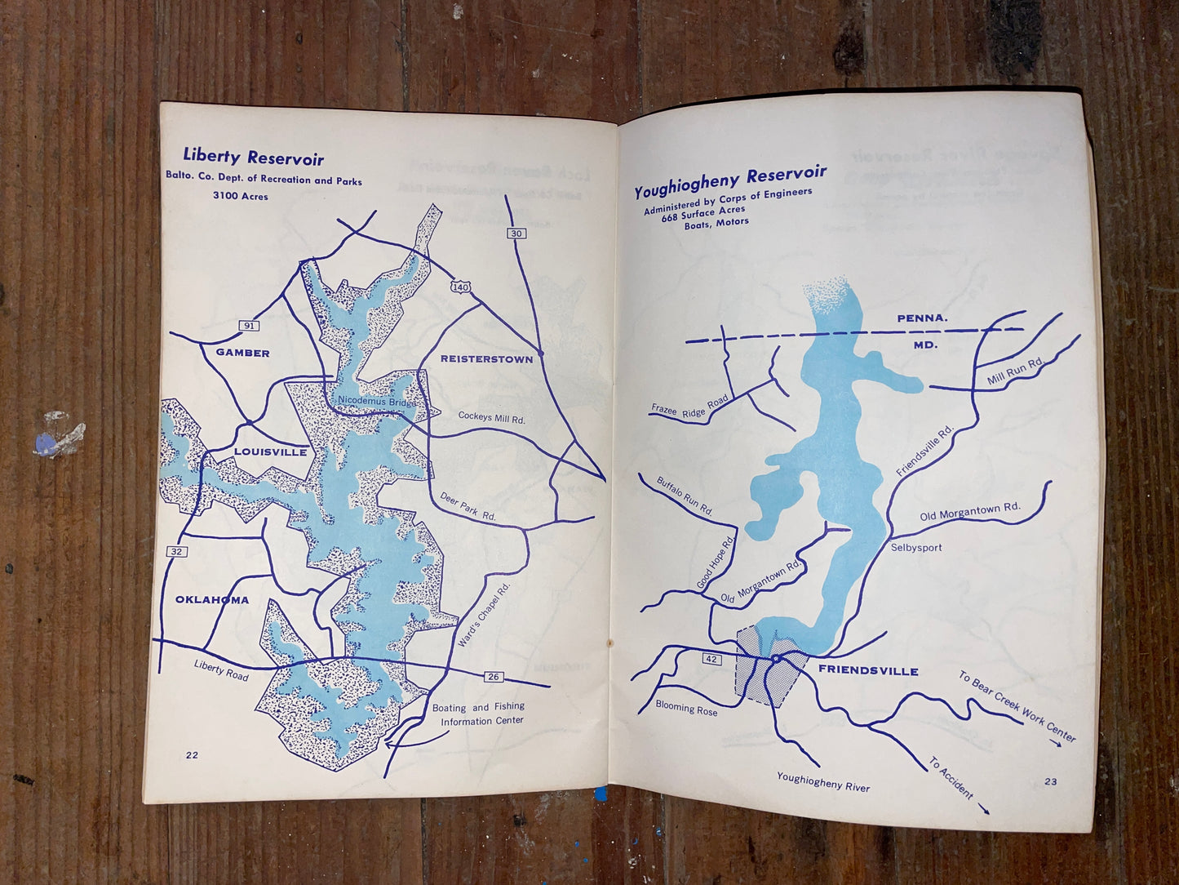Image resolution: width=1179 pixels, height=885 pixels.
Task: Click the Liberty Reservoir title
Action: coord(253,158)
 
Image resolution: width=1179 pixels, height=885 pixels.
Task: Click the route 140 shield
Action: coord(460,287)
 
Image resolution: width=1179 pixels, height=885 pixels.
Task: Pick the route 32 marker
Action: coord(177,552)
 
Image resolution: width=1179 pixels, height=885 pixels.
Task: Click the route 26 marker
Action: coord(493,676)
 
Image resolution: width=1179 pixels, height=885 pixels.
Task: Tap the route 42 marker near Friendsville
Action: coord(711,659)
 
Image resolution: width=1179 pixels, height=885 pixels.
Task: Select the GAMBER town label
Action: coord(242,353)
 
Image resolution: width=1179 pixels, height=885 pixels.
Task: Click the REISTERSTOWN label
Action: coord(486,358)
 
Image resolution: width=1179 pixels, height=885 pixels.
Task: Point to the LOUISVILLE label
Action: coord(270,451)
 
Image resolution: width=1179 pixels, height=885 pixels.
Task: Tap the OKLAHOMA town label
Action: coord(212,600)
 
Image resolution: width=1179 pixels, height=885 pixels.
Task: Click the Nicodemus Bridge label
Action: coord(376,402)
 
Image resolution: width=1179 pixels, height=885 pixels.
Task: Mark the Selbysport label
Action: coord(916,548)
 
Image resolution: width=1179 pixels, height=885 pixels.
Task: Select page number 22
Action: coord(192,755)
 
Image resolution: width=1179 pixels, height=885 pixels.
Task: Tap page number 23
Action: coord(1050,781)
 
